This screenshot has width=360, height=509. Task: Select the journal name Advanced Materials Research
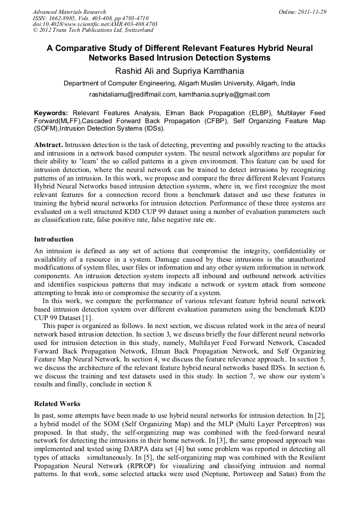coord(69,12)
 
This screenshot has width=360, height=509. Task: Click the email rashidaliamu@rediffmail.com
coord(132,94)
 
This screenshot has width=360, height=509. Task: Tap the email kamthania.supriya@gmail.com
coord(225,94)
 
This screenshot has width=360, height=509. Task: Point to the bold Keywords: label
coord(51,113)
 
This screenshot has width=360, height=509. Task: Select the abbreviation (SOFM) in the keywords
coord(47,128)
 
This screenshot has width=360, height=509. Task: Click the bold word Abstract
coord(49,145)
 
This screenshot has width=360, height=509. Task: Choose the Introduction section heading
coord(54,239)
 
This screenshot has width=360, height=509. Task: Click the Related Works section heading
coord(57,403)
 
